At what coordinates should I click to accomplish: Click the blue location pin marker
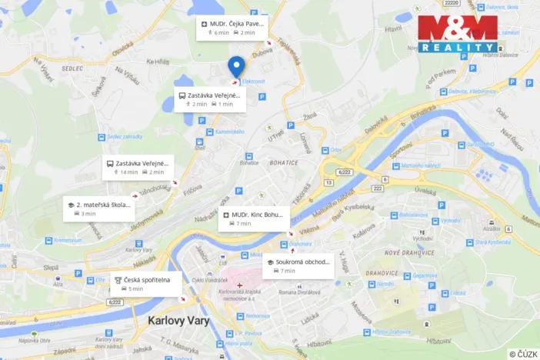coord(237,66)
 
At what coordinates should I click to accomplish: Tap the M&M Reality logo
coord(457,34)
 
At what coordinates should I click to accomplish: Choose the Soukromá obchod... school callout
coord(298,265)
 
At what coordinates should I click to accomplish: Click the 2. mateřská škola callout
coord(99,208)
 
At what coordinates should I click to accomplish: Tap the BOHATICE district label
coord(284,163)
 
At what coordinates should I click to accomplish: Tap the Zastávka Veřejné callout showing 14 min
coord(139,167)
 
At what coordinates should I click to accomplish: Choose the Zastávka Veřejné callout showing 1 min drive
coord(209,99)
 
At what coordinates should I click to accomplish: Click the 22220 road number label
coord(452,4)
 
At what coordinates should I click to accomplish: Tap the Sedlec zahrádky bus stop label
coord(125,137)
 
